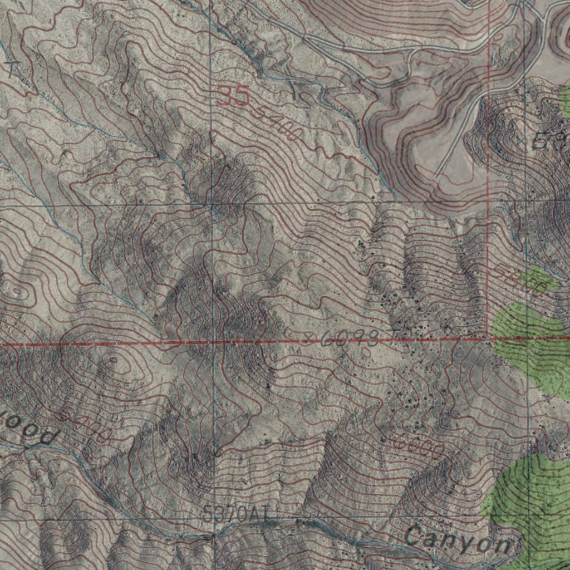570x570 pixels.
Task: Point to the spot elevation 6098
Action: pos(351,338)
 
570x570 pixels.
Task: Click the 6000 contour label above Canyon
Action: pos(417,445)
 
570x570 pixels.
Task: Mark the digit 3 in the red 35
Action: pos(225,96)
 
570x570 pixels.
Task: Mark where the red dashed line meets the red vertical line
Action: pos(489,338)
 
